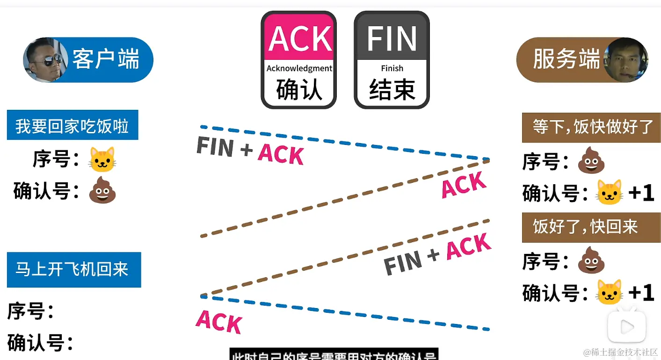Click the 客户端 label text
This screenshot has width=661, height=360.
click(x=106, y=60)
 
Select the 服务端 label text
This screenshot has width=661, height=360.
click(x=566, y=60)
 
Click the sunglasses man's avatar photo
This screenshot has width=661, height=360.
click(x=44, y=59)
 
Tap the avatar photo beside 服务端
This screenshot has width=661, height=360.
click(x=625, y=60)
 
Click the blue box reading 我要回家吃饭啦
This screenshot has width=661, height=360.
click(x=73, y=125)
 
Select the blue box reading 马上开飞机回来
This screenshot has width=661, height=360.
click(x=73, y=270)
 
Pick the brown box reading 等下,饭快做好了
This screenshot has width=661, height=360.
click(x=591, y=127)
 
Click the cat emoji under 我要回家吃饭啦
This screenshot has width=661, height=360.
click(x=102, y=159)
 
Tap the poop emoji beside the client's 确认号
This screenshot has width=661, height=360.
click(x=102, y=190)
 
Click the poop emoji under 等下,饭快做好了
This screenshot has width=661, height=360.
click(x=591, y=161)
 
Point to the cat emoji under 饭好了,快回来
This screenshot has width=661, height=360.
click(x=610, y=292)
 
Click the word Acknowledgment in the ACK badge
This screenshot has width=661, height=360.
click(x=299, y=68)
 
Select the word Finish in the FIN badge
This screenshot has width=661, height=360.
click(x=392, y=68)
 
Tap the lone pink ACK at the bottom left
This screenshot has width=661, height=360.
click(x=218, y=321)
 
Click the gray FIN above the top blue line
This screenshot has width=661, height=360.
click(x=215, y=146)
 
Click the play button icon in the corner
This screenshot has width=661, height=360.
click(x=626, y=327)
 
